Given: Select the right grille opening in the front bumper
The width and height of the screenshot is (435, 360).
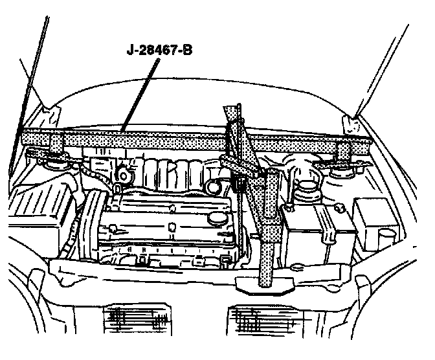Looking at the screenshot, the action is pyautogui.click(x=258, y=321).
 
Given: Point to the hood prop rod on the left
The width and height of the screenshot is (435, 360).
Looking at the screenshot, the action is pyautogui.click(x=29, y=91).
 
